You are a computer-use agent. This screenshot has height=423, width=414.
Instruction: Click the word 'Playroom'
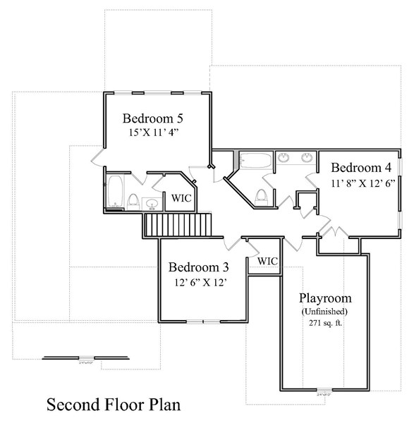[324, 298]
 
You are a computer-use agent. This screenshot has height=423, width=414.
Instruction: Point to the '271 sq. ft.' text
[324, 324]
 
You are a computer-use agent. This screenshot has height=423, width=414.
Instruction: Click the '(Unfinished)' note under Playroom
[324, 311]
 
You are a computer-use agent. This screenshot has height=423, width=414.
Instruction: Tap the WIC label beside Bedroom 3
[267, 262]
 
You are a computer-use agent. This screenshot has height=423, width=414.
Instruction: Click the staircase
[177, 226]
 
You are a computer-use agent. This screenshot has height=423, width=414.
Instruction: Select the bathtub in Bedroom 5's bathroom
[115, 191]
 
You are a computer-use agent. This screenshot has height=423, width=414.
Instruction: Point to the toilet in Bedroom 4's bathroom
[261, 197]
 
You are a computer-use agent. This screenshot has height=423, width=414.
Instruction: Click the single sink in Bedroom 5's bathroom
[152, 204]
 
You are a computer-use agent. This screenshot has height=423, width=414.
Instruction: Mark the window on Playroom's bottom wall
[323, 390]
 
